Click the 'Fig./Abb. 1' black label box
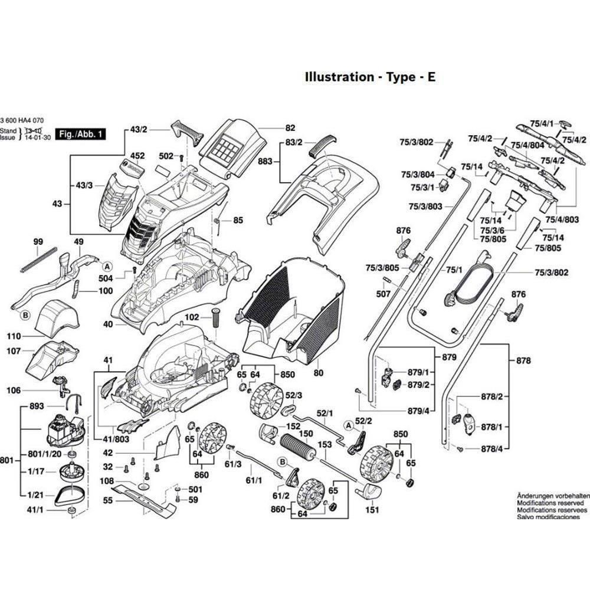pos(80,135)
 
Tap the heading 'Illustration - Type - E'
pos(370,77)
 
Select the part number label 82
pos(290,128)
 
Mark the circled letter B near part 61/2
pos(282,461)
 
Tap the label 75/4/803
pos(562,219)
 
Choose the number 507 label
pos(383,293)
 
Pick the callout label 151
pos(372,510)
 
